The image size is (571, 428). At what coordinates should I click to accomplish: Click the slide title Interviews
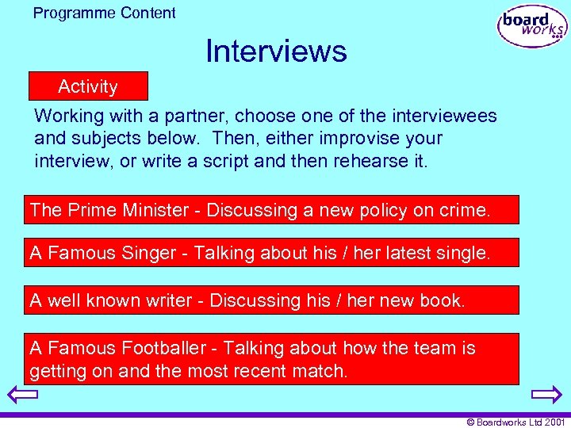(x=276, y=52)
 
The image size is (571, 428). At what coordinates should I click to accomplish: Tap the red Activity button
(x=88, y=86)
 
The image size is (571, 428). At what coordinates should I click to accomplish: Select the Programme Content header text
(x=105, y=13)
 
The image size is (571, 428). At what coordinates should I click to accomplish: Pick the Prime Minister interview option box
(x=271, y=210)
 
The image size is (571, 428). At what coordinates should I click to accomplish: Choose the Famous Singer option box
(x=271, y=253)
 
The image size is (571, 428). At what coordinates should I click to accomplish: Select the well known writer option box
(x=271, y=300)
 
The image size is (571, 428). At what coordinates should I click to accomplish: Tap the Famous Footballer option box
(x=271, y=359)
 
